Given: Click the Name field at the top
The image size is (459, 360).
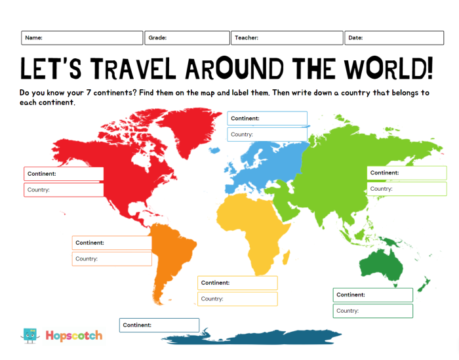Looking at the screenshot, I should (81, 38).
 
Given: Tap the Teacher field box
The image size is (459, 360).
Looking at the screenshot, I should (287, 38).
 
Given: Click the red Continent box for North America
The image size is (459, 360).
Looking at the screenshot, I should (64, 174).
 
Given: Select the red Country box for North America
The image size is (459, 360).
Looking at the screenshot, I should (64, 190).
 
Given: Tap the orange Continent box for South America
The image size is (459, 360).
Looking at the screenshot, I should (111, 243).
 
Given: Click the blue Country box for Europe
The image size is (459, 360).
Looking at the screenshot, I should (267, 134).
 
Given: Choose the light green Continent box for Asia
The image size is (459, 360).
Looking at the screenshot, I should (407, 172).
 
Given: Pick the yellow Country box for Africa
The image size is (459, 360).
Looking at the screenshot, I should (237, 299).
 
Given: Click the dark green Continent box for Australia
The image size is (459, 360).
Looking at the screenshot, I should (372, 295).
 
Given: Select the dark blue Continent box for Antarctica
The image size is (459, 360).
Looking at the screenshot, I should (159, 325).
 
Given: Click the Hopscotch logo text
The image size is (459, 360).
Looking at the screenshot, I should (73, 336).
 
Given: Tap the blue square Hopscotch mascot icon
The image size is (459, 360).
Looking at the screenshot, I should (30, 336).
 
